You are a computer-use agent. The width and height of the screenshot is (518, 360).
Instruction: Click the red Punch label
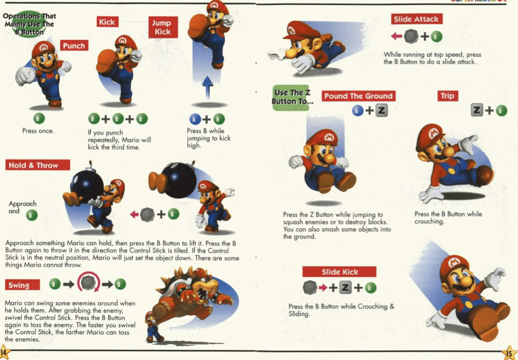(74, 45)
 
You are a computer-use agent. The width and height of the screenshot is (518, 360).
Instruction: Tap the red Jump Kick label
(163, 27)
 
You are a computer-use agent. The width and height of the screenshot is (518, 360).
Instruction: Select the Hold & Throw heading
(37, 165)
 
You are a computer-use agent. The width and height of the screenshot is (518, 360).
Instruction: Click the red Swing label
(22, 285)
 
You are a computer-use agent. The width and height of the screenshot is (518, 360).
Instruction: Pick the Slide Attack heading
(416, 19)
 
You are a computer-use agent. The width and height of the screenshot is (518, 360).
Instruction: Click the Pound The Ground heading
(358, 96)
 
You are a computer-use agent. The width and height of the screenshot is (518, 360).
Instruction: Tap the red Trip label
(447, 96)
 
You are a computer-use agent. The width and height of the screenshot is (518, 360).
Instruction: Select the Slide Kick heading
(339, 272)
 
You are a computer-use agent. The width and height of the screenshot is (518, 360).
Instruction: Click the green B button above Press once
(39, 118)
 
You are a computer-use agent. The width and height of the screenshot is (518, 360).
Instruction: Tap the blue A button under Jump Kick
(195, 119)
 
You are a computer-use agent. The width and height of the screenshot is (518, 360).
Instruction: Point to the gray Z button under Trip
(477, 110)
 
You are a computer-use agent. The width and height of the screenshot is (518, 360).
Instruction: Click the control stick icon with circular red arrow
(88, 283)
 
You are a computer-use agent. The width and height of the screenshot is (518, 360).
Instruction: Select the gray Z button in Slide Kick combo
(345, 288)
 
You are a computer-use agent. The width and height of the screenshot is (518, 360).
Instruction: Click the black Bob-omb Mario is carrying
(87, 186)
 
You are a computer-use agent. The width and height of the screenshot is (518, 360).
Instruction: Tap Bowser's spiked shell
(179, 280)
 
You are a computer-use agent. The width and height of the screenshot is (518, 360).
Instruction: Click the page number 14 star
(4, 352)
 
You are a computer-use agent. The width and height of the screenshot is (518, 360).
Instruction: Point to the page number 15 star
(509, 352)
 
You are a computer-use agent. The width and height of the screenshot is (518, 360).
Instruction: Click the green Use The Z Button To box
(291, 98)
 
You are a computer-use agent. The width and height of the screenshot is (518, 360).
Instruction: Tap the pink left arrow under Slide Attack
(397, 36)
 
